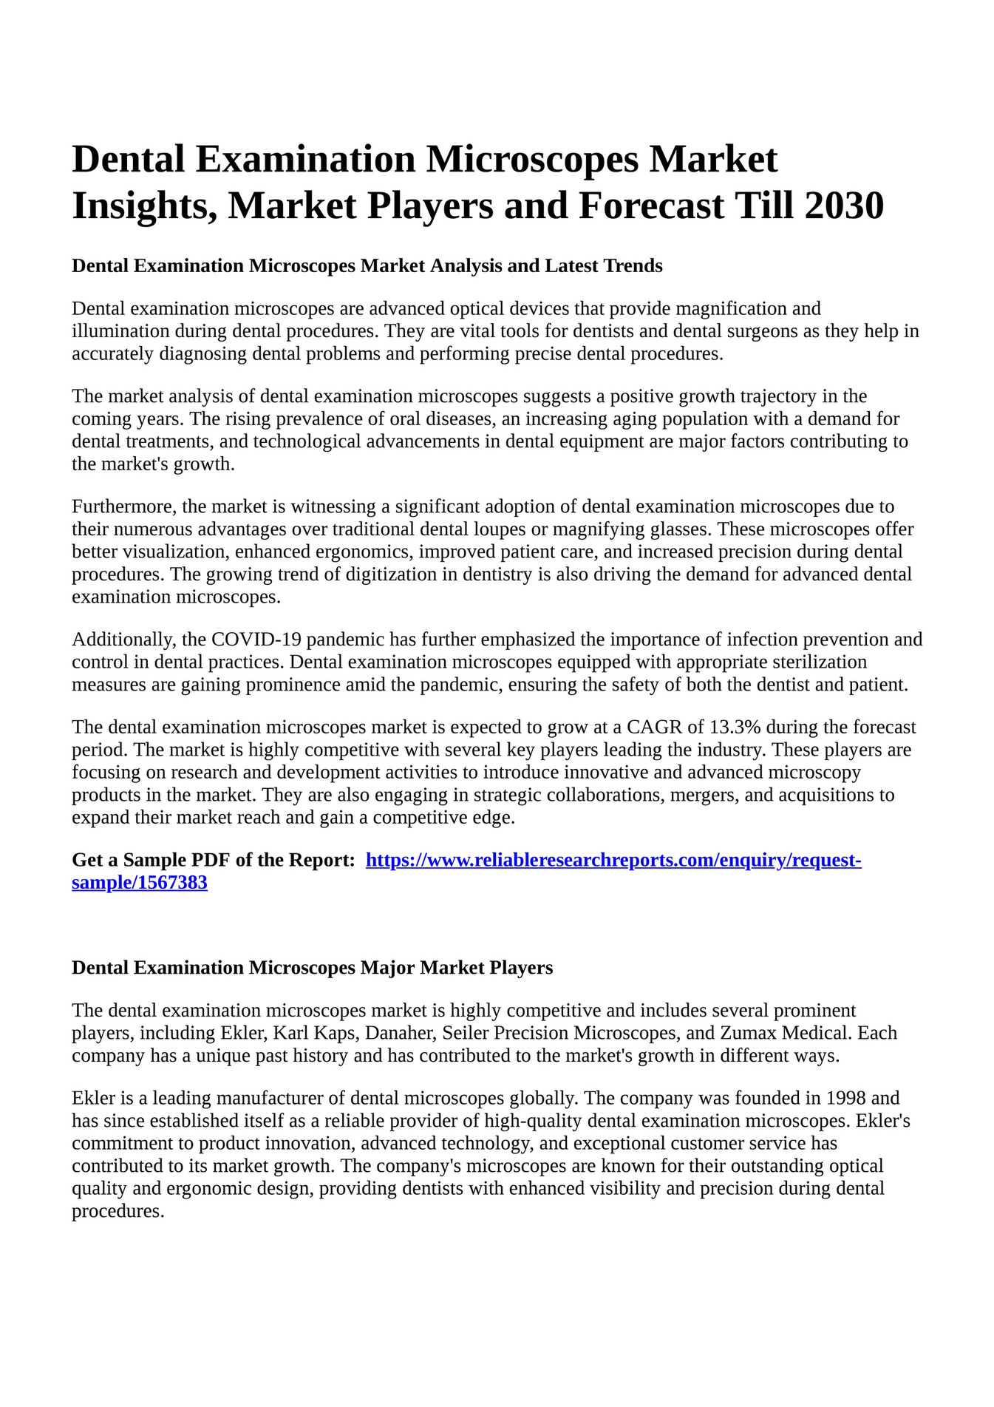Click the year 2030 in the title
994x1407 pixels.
click(844, 206)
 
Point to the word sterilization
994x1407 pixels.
click(820, 662)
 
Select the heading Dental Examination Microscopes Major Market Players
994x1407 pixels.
click(312, 968)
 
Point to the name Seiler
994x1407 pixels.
click(466, 1033)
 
